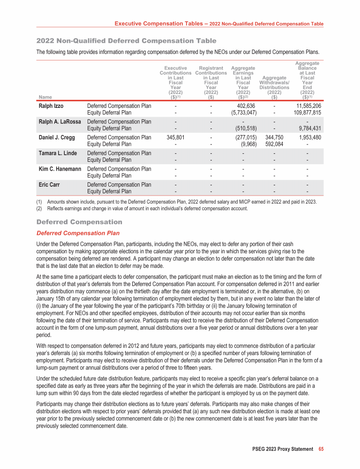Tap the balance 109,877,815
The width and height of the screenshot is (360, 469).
(304, 113)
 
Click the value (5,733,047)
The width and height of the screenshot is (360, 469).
(241, 113)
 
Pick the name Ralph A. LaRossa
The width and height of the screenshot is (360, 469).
(60, 122)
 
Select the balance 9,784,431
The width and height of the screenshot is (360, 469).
(307, 129)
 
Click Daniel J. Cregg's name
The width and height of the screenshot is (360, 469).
(56, 137)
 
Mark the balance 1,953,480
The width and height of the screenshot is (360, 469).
(307, 137)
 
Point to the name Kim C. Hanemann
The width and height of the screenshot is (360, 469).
(59, 169)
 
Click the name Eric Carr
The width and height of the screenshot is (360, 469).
(48, 184)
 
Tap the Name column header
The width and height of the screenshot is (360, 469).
(44, 97)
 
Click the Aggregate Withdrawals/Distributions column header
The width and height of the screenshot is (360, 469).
(274, 88)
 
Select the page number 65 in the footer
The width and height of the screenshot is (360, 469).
(321, 449)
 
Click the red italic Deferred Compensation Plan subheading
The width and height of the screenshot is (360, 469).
(77, 233)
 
